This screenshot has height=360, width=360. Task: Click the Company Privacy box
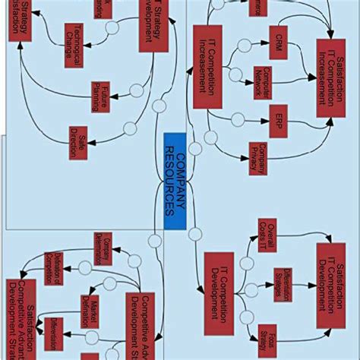260,154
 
